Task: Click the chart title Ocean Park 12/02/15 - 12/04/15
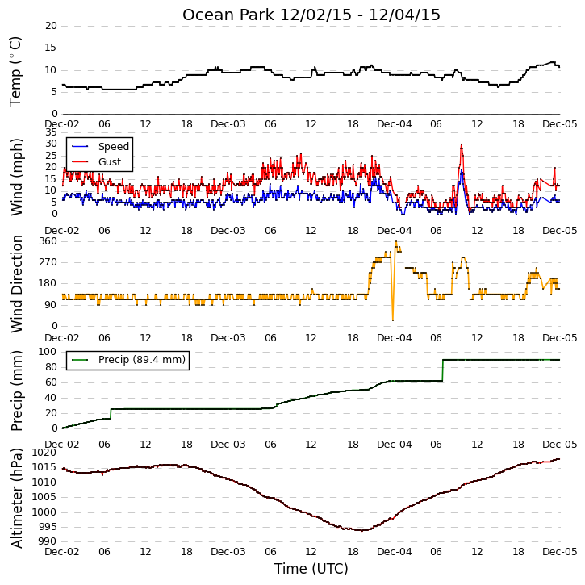(311, 15)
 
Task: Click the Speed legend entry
(101, 147)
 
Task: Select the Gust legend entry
(97, 162)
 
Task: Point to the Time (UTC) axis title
(311, 569)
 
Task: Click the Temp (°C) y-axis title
(15, 71)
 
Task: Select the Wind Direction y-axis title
(16, 283)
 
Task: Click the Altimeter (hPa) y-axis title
(16, 498)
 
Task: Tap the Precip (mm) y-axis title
(16, 391)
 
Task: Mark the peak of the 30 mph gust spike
(462, 144)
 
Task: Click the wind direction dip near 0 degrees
(392, 320)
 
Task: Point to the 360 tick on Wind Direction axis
(48, 241)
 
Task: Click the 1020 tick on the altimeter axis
(44, 453)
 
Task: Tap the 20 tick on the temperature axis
(51, 26)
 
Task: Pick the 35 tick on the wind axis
(51, 132)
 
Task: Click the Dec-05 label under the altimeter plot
(560, 551)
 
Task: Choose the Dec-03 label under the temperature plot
(228, 124)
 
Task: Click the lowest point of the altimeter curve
(361, 530)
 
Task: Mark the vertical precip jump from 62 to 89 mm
(443, 370)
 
